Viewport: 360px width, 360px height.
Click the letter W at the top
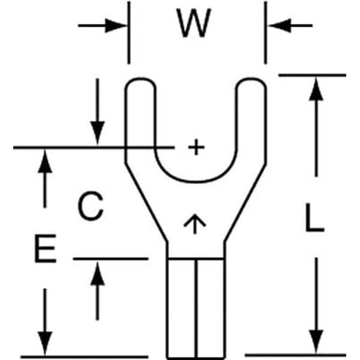[x=194, y=23]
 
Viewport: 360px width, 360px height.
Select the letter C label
[x=91, y=206]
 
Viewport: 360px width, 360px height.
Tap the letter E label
[x=46, y=248]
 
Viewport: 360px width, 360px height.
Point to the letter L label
[x=314, y=217]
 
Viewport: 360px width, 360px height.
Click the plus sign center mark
[x=196, y=147]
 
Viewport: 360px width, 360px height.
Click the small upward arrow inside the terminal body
[x=194, y=224]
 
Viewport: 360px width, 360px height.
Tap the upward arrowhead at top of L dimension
[x=316, y=89]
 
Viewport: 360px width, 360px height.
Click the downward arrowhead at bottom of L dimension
[x=316, y=341]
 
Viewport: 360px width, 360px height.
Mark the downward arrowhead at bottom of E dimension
[x=45, y=343]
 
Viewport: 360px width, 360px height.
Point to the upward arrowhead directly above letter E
[x=45, y=161]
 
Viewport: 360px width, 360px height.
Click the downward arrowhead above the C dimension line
[x=98, y=133]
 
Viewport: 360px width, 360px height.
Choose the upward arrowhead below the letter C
[x=98, y=273]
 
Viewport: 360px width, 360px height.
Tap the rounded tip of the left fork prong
[x=140, y=79]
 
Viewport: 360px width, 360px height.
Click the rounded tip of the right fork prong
[x=251, y=79]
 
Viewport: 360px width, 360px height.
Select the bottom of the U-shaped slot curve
[x=196, y=182]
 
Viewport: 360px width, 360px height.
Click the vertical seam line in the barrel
[x=196, y=308]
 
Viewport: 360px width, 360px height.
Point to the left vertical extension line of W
[x=129, y=32]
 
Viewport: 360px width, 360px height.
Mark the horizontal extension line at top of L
[x=312, y=75]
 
